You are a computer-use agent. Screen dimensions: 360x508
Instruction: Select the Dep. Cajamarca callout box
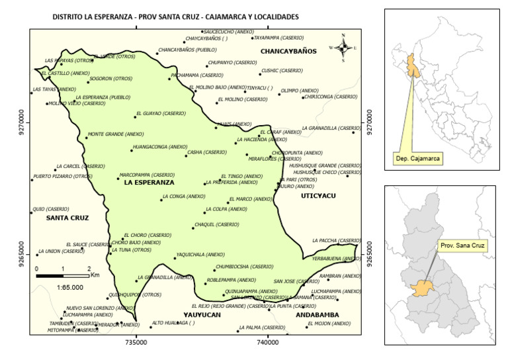click(417, 159)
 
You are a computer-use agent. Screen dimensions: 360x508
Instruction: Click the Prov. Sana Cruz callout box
click(462, 246)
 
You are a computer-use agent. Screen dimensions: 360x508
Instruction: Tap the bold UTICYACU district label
click(319, 196)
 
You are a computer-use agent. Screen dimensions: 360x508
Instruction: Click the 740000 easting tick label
click(268, 343)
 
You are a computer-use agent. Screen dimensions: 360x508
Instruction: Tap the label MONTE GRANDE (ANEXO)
click(115, 134)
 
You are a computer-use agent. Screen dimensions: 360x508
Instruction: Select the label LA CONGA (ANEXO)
click(184, 197)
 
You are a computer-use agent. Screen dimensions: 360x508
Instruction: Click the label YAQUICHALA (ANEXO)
click(201, 255)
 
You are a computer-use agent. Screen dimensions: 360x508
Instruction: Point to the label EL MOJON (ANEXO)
click(329, 324)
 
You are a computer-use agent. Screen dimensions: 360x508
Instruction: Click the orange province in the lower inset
click(419, 289)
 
